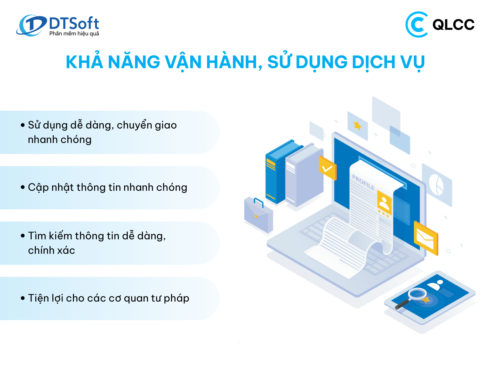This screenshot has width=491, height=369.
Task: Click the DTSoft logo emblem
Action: point(31,25)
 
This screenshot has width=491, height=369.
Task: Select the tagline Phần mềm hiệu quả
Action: point(74,34)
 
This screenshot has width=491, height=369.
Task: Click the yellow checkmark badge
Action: point(327,168)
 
